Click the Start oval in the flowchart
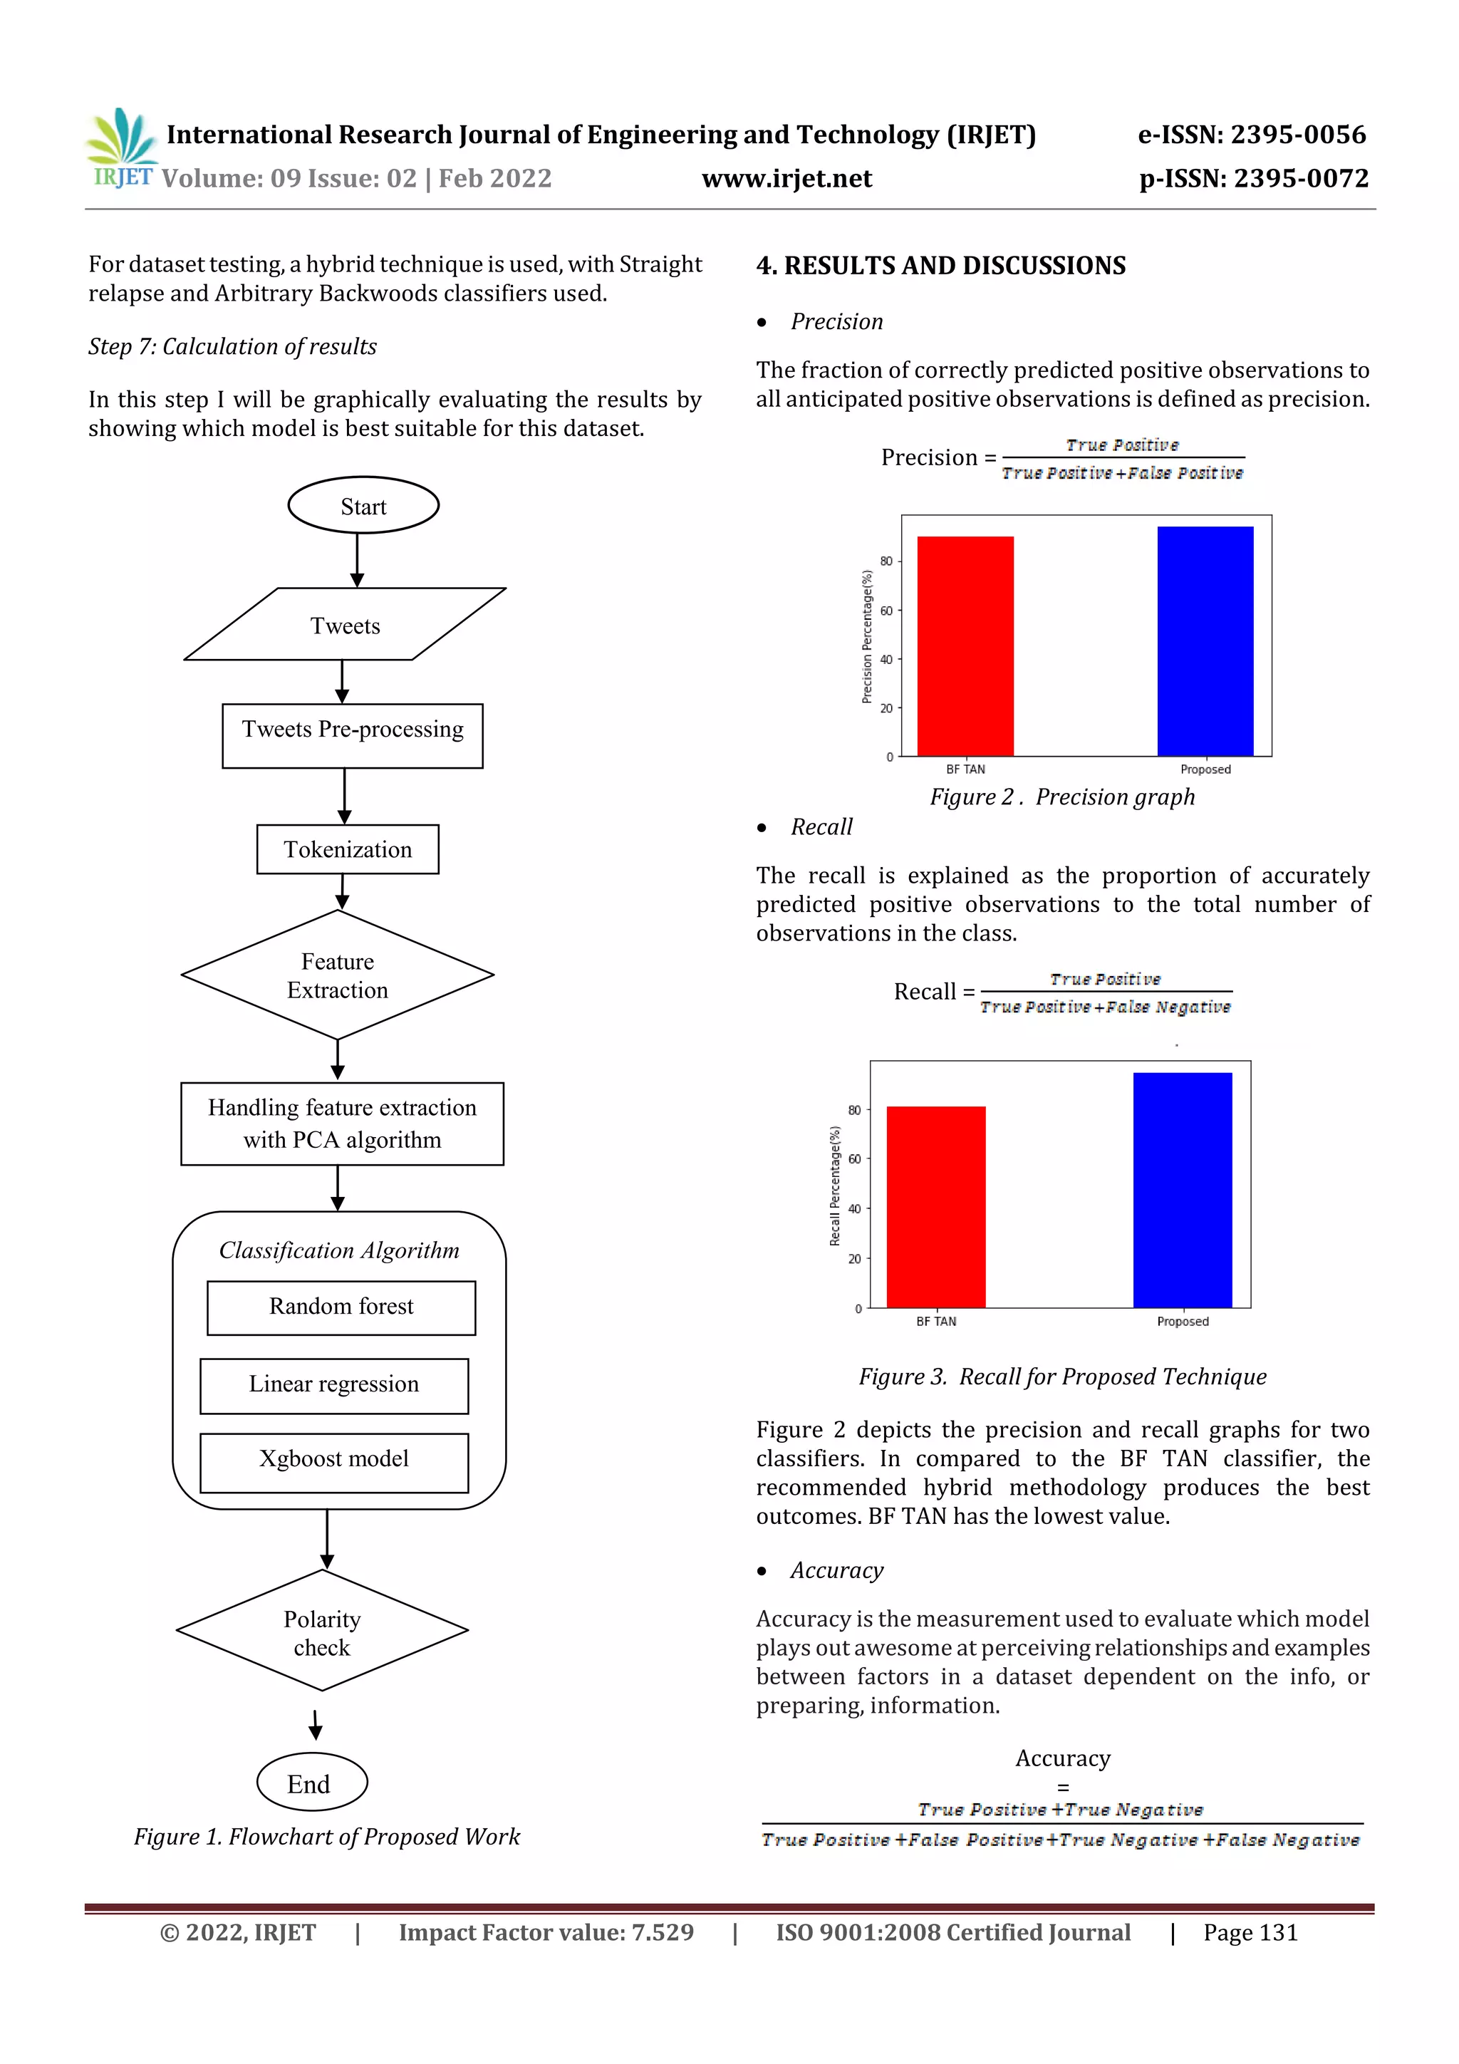coord(363,505)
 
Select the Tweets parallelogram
coord(346,625)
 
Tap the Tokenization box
coord(348,849)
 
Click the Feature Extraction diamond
coord(337,975)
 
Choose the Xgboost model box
coord(333,1459)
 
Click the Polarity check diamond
coord(322,1632)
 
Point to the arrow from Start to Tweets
coord(357,560)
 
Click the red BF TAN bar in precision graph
coord(965,647)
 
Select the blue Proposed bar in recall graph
coord(1182,1191)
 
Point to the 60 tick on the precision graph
coord(886,611)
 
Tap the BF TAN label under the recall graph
coord(936,1322)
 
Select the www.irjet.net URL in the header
coord(786,179)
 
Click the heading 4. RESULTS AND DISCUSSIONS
coord(940,266)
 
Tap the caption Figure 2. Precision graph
coord(1061,797)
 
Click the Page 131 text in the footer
coord(1250,1933)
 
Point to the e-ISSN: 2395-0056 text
coord(1252,135)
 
